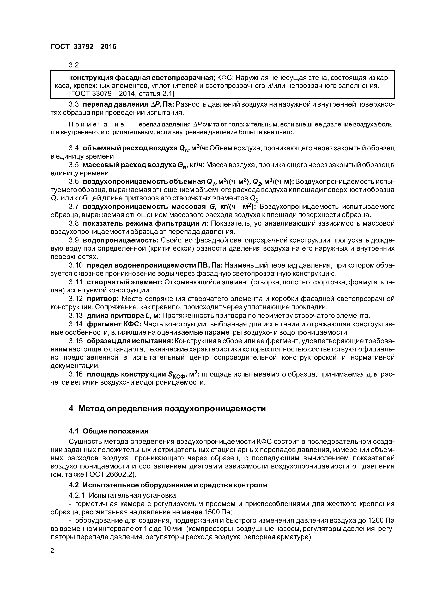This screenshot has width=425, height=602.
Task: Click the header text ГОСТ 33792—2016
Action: pos(83,47)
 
